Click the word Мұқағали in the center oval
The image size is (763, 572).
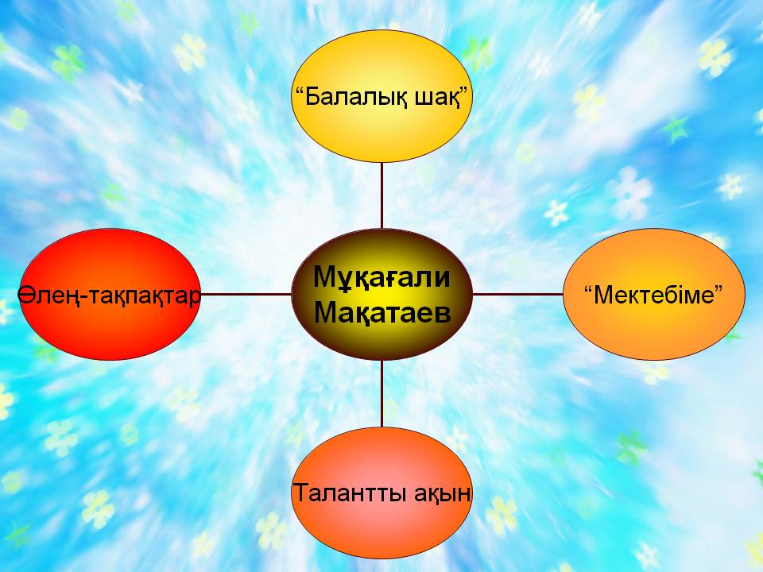click(381, 278)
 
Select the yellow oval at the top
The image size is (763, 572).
click(381, 96)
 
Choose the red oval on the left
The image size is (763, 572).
click(110, 294)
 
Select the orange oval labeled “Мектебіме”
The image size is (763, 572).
click(654, 294)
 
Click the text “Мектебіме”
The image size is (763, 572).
click(653, 295)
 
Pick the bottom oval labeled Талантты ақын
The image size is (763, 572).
click(381, 493)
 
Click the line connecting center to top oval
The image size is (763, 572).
click(382, 195)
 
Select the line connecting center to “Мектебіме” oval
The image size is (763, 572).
click(517, 294)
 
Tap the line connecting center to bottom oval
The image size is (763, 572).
click(382, 393)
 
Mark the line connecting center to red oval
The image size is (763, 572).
click(246, 294)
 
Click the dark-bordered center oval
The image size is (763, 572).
click(381, 294)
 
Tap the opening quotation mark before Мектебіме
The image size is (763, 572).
click(587, 288)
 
